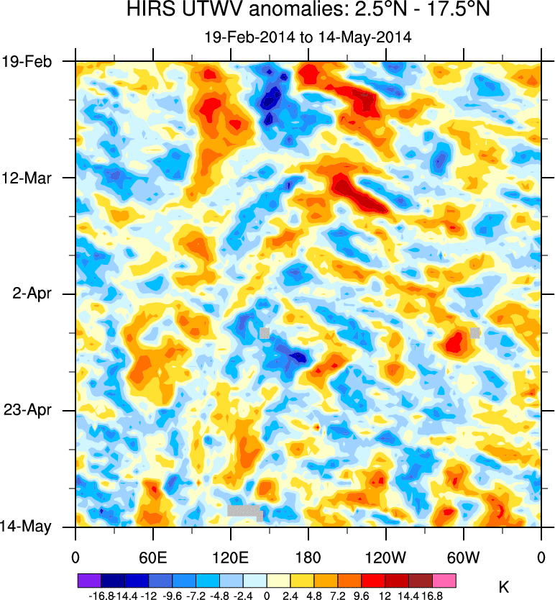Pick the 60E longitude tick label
152,556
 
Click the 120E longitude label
230,556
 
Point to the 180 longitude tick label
308,556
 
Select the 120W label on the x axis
385,556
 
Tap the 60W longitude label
463,556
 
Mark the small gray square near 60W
474,332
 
